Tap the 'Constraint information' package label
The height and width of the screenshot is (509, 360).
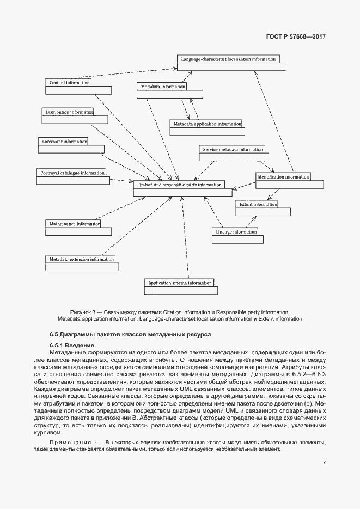64,142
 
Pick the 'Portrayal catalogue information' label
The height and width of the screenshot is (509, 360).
72,173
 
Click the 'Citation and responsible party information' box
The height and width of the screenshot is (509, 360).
179,185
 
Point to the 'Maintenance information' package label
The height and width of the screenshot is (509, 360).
74,224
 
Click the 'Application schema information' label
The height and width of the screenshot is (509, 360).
179,283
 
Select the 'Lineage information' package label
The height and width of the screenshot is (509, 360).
236,232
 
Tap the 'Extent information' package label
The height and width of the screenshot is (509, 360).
258,204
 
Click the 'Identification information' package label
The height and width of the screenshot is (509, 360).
283,177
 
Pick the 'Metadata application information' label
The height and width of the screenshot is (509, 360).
206,124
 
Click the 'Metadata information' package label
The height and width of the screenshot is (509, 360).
162,87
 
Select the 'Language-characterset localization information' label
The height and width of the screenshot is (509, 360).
228,59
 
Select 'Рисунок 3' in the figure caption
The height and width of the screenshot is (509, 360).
83,312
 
